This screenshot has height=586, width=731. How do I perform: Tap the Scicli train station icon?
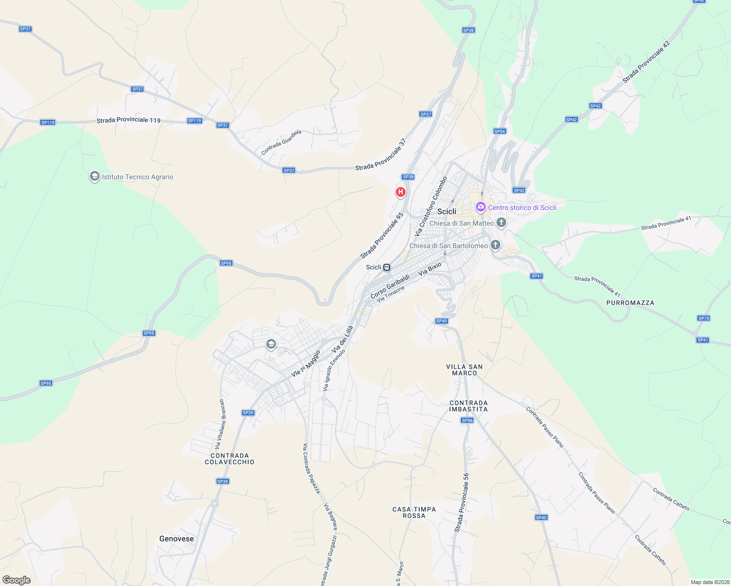click(x=387, y=267)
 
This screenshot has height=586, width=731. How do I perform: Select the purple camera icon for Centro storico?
click(x=481, y=208)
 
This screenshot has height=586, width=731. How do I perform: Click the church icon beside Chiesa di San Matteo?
click(x=501, y=223)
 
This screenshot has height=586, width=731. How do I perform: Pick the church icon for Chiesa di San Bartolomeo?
click(x=495, y=245)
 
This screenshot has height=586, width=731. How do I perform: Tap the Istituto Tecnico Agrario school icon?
click(x=95, y=177)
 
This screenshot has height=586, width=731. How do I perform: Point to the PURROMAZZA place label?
click(x=630, y=303)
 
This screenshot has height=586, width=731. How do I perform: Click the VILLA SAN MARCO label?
click(x=464, y=370)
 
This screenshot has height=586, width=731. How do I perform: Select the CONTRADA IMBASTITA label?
click(x=468, y=406)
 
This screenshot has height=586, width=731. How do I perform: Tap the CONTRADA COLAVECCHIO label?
click(x=230, y=459)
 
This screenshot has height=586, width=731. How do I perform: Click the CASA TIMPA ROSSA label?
click(x=414, y=512)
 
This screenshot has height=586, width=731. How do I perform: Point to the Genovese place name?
click(x=176, y=539)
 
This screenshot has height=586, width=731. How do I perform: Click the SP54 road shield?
click(x=499, y=131)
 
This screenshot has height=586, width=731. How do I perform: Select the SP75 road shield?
click(x=704, y=318)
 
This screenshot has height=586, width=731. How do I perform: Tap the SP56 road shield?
click(x=467, y=420)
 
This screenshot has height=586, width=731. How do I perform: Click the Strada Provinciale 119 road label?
click(x=129, y=120)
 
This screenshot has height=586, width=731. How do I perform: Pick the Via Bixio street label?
click(x=430, y=268)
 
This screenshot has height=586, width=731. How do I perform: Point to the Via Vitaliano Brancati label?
click(x=221, y=424)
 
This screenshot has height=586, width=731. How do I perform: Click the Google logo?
click(x=17, y=580)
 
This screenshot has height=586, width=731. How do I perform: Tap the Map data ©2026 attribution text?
click(x=710, y=582)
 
